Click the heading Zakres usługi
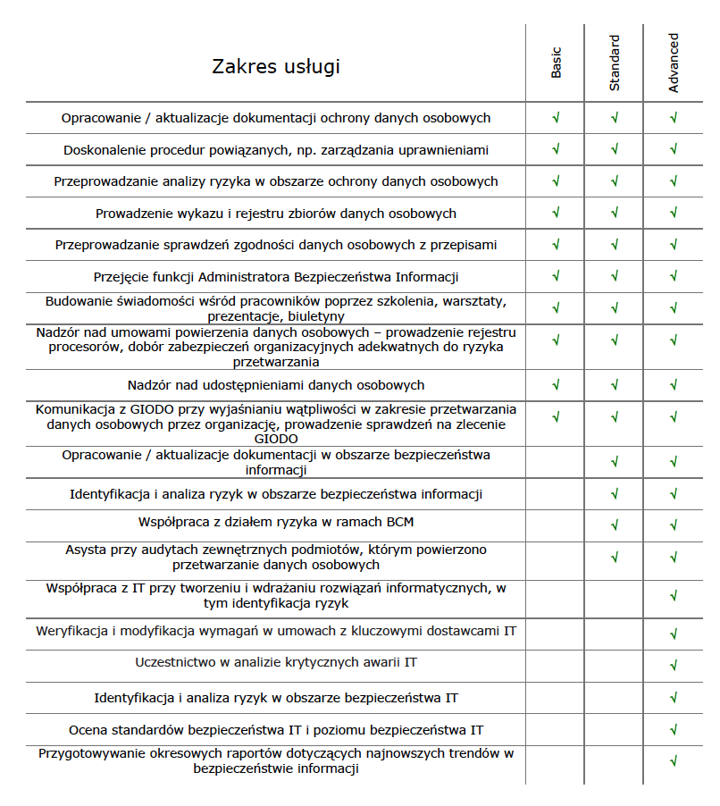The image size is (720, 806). pyautogui.click(x=276, y=67)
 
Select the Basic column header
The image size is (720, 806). pyautogui.click(x=556, y=63)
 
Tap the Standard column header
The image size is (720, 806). pyautogui.click(x=615, y=63)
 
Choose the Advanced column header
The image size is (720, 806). pyautogui.click(x=674, y=63)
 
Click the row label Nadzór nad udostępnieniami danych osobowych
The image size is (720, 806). pyautogui.click(x=276, y=385)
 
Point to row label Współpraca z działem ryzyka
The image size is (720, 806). pyautogui.click(x=276, y=521)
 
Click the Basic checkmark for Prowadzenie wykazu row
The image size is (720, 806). pyautogui.click(x=556, y=213)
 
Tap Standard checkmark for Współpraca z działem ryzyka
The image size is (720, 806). pyautogui.click(x=615, y=523)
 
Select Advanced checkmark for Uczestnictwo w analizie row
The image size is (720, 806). pyautogui.click(x=674, y=665)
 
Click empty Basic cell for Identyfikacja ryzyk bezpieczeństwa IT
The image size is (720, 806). pyautogui.click(x=556, y=697)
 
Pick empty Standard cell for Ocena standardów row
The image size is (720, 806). pyautogui.click(x=615, y=729)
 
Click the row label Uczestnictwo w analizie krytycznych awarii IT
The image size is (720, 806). pyautogui.click(x=276, y=663)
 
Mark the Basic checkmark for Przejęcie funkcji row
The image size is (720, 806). pyautogui.click(x=556, y=276)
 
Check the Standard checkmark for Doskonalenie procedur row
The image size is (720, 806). pyautogui.click(x=615, y=149)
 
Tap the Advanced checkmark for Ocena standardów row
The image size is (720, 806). pyautogui.click(x=674, y=729)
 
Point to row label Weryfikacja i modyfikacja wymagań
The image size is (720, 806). pyautogui.click(x=276, y=631)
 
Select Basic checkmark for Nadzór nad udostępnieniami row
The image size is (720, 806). pyautogui.click(x=556, y=385)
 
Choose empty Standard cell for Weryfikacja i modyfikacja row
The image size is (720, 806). pyautogui.click(x=615, y=633)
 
